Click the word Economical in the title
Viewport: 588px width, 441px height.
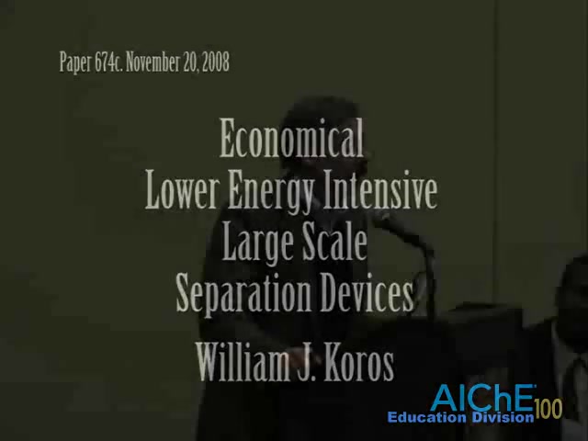pos(291,138)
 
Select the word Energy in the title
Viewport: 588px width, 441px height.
pos(271,192)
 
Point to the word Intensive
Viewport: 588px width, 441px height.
pos(380,190)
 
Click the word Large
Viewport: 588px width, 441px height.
pos(258,243)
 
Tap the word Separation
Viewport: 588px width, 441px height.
pos(243,294)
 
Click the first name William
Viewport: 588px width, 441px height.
pos(241,362)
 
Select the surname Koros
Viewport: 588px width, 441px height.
pos(359,362)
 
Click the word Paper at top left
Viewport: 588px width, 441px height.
pos(75,62)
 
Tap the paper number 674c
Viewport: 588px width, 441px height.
pos(108,62)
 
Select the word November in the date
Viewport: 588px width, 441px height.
pos(153,62)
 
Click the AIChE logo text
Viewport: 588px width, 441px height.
pos(483,398)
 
